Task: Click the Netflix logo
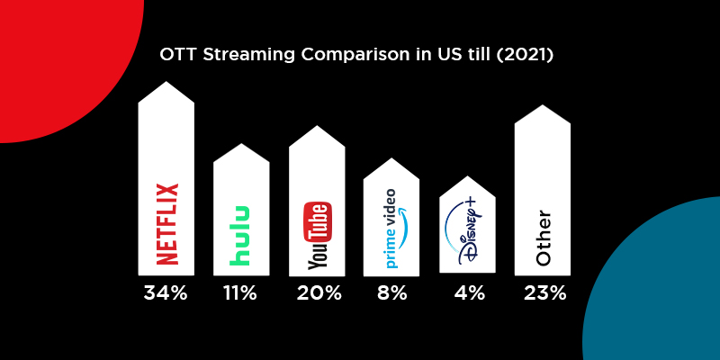(167, 224)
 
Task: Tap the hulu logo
(240, 236)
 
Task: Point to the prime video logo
(391, 229)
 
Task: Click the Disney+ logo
(466, 234)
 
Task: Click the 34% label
(166, 292)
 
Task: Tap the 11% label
(240, 292)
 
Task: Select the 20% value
(318, 292)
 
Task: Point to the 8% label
(392, 292)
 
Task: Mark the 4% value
(468, 292)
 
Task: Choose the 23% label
(543, 292)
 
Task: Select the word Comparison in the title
(346, 55)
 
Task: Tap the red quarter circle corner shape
(54, 54)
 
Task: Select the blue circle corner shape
(666, 288)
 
